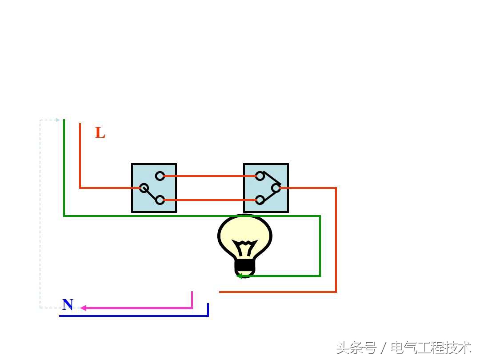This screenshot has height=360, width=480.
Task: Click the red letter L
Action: (x=100, y=133)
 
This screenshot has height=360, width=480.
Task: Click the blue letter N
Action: (x=68, y=304)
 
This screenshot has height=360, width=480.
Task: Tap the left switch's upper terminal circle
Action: (x=160, y=176)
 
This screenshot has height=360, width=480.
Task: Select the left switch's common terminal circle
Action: (x=144, y=188)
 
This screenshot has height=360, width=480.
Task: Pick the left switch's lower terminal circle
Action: (x=160, y=200)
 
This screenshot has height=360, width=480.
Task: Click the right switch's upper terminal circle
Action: (x=260, y=176)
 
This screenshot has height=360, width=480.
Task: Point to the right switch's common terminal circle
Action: (x=276, y=188)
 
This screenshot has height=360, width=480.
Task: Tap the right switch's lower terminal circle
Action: (x=260, y=200)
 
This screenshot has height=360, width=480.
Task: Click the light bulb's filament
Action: (x=245, y=248)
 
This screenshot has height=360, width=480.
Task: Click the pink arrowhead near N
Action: (x=83, y=308)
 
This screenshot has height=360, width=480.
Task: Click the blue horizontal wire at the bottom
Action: (x=133, y=316)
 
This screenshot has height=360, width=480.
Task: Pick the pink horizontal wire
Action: (x=138, y=308)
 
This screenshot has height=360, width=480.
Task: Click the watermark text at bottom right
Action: (x=404, y=347)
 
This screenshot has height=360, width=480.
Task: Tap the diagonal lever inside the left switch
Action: (x=152, y=194)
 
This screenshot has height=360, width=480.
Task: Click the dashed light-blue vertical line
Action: (x=40, y=213)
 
